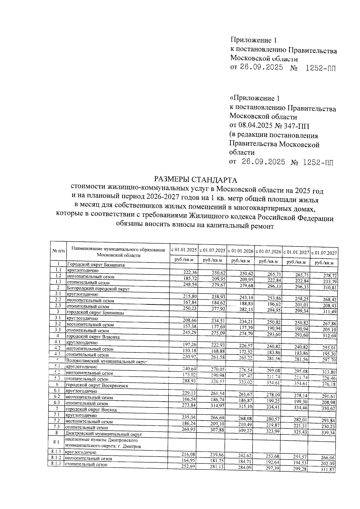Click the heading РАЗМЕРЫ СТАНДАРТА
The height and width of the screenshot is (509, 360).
coord(195,180)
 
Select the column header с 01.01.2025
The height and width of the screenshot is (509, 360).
coord(184,250)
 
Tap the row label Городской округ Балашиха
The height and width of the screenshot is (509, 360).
coord(96,265)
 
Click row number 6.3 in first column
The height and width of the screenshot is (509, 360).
coord(57,403)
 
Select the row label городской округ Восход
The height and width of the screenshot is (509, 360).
coord(91,409)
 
